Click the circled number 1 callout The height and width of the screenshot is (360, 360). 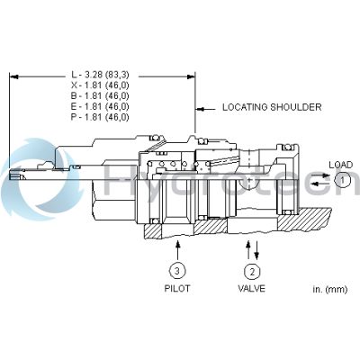point(342,180)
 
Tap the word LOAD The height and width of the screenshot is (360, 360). point(340,164)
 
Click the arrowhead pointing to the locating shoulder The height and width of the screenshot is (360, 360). point(200,106)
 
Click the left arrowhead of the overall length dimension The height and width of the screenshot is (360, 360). point(13,76)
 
